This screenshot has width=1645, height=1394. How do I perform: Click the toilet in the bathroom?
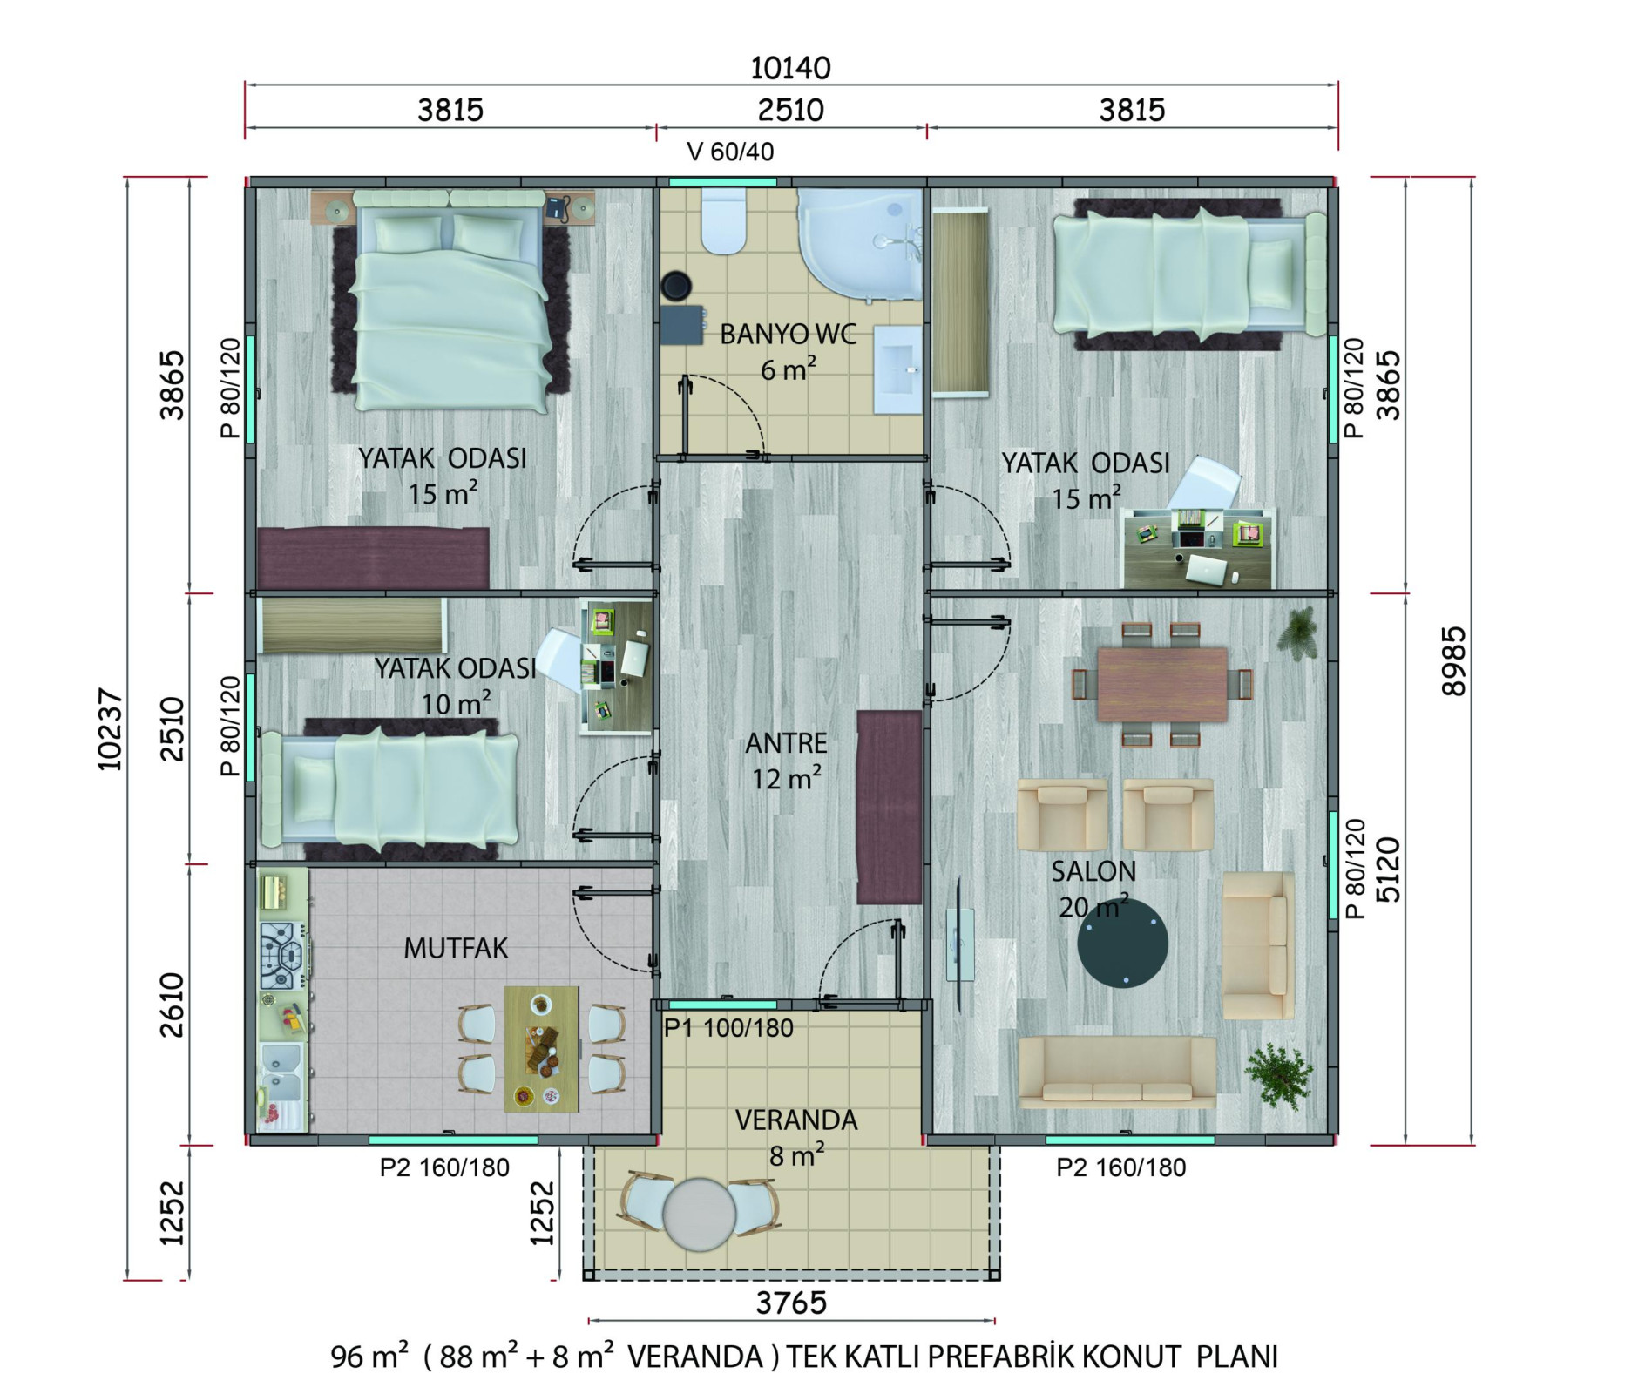pyautogui.click(x=724, y=221)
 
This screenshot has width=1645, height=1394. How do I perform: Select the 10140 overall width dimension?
pyautogui.click(x=790, y=68)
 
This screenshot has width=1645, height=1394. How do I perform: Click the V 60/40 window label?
pyautogui.click(x=730, y=152)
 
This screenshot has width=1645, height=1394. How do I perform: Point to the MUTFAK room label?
pyautogui.click(x=456, y=948)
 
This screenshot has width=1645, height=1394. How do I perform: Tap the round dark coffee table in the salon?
pyautogui.click(x=1122, y=943)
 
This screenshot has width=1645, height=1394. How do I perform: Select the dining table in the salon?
pyautogui.click(x=1162, y=684)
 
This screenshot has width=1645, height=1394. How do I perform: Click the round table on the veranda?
pyautogui.click(x=700, y=1214)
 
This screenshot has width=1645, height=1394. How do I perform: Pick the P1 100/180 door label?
pyautogui.click(x=728, y=1028)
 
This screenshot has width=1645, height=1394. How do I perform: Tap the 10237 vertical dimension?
pyautogui.click(x=110, y=729)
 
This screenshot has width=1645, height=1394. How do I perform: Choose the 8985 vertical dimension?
pyautogui.click(x=1454, y=661)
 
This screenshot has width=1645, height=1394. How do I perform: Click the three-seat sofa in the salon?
pyautogui.click(x=1117, y=1073)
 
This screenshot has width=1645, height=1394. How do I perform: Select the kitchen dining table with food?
pyautogui.click(x=541, y=1049)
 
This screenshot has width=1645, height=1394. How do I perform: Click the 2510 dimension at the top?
pyautogui.click(x=790, y=110)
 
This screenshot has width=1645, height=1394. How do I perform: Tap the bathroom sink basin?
pyautogui.click(x=897, y=369)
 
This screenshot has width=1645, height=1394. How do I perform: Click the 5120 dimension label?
pyautogui.click(x=1387, y=869)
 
